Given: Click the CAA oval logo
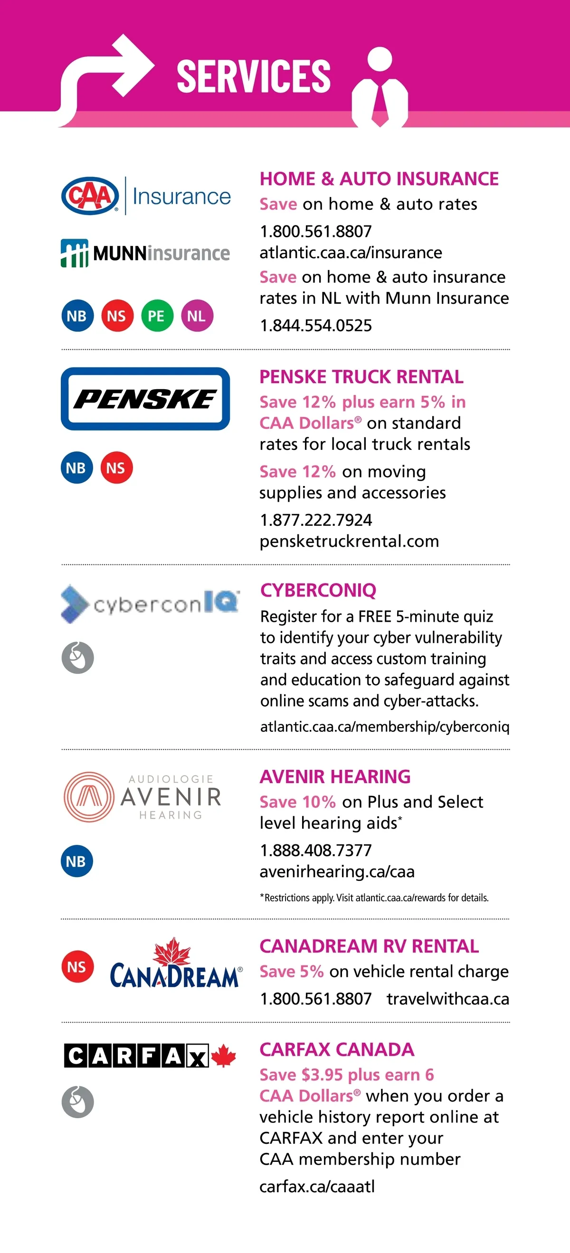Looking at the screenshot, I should pyautogui.click(x=90, y=196).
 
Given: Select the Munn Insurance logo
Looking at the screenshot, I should pyautogui.click(x=145, y=253).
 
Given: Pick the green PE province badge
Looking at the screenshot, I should pyautogui.click(x=157, y=316).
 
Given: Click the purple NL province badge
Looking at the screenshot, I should pyautogui.click(x=197, y=316).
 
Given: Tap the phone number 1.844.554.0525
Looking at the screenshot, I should pyautogui.click(x=315, y=326).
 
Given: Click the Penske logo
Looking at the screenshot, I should pyautogui.click(x=145, y=399).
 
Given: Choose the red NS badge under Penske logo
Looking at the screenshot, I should pyautogui.click(x=116, y=468).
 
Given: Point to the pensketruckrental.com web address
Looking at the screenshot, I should pyautogui.click(x=349, y=542).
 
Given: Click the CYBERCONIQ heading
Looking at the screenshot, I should pyautogui.click(x=318, y=590).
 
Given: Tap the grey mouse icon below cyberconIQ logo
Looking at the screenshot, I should pyautogui.click(x=77, y=658).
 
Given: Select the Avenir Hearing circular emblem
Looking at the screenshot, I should pyautogui.click(x=89, y=797).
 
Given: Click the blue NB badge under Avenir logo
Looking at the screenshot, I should pyautogui.click(x=77, y=861).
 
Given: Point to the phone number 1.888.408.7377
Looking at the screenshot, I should pyautogui.click(x=315, y=850).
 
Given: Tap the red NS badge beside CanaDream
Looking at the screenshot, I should pyautogui.click(x=77, y=966).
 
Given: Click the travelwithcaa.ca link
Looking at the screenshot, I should pyautogui.click(x=448, y=999).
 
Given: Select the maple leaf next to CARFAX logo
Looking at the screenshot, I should pyautogui.click(x=223, y=1056).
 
